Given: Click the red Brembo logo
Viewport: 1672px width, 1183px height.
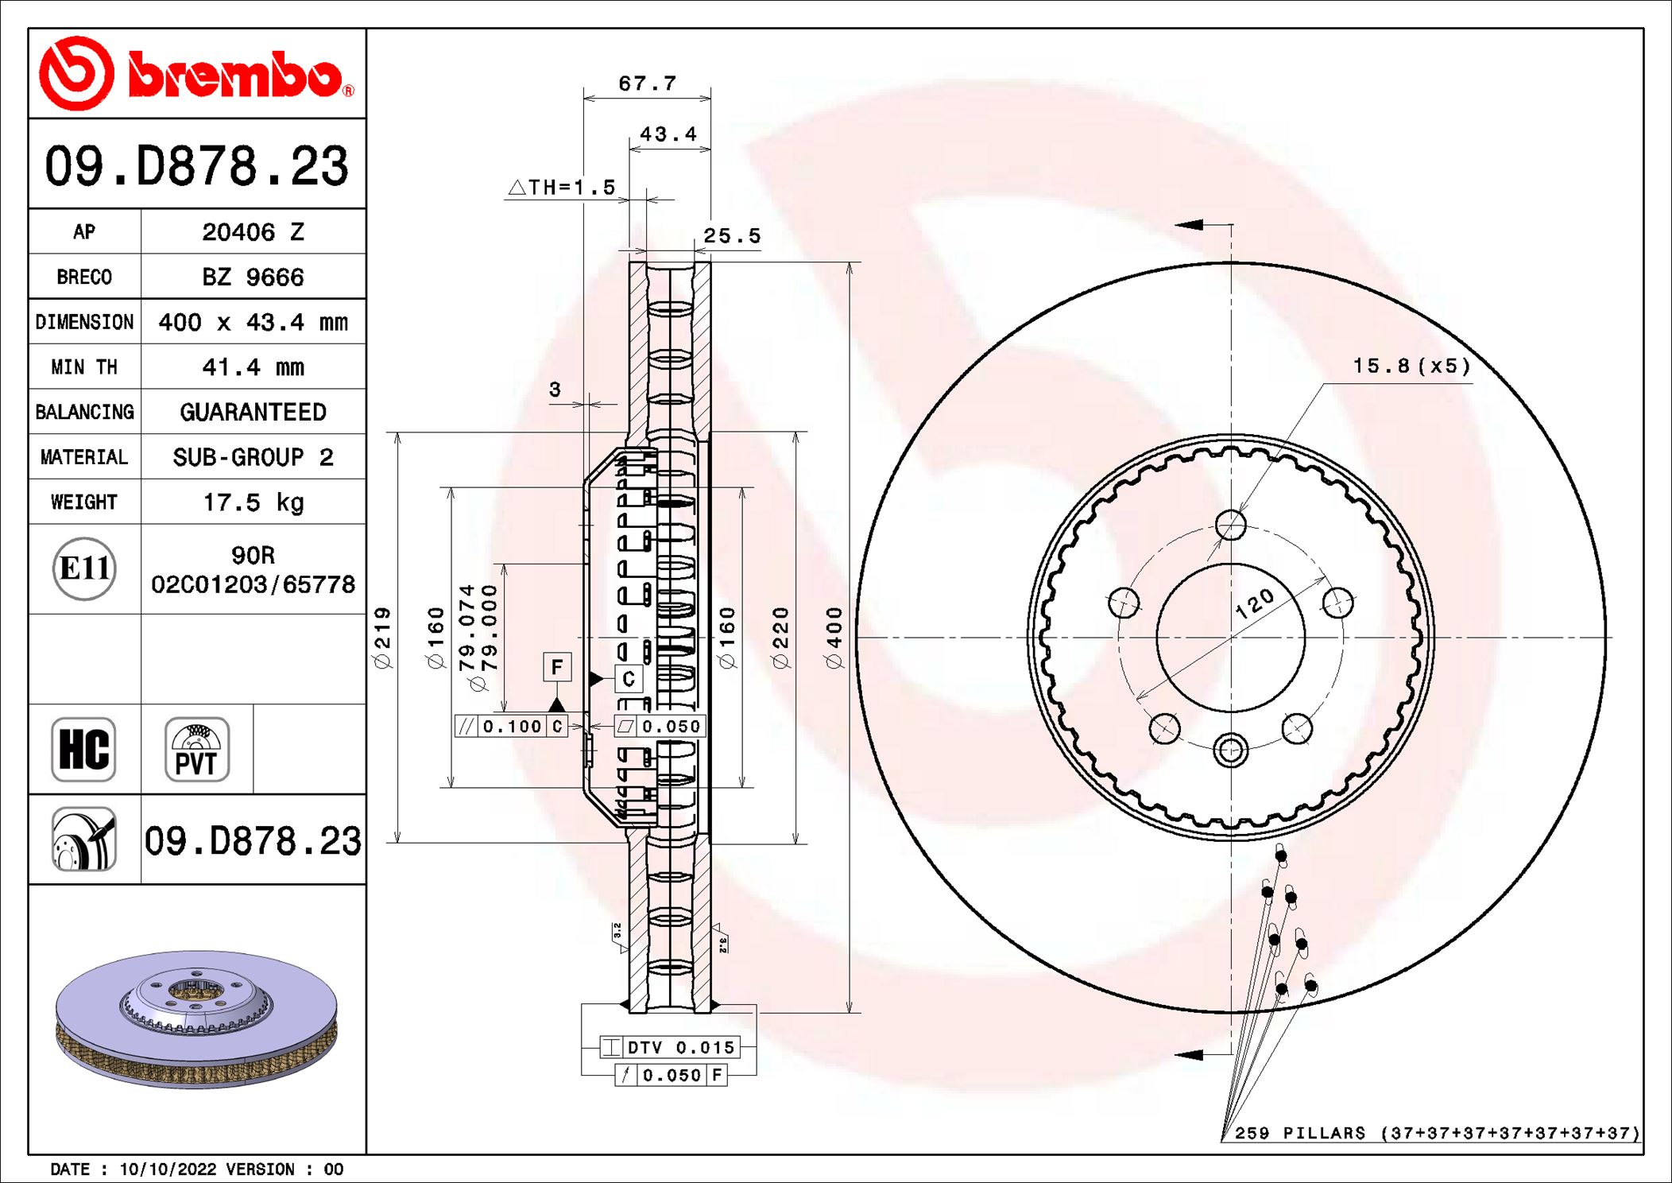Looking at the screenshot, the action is [197, 73].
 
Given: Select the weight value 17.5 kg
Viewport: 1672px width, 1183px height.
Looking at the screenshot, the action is [254, 502].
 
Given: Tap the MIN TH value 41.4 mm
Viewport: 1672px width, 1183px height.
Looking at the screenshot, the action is [254, 367].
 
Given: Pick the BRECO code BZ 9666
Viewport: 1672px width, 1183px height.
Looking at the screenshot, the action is [254, 277].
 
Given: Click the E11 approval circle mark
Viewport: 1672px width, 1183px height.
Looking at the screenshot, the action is [84, 568].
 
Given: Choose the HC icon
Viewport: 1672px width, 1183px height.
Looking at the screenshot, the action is [84, 750].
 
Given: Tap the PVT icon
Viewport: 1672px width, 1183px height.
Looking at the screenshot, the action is [197, 750].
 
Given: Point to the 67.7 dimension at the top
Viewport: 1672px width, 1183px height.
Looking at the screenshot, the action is [647, 83].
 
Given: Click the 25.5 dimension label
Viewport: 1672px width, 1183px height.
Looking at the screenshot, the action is [732, 236].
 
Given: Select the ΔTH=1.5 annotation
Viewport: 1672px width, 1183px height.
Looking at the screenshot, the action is [562, 188].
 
